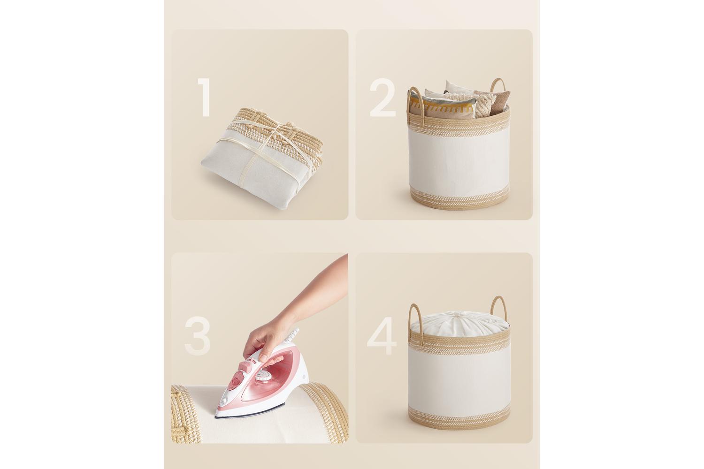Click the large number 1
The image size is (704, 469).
click(205, 98)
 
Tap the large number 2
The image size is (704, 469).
click(383, 98)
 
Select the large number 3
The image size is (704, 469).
click(198, 336)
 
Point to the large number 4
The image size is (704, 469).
click(382, 336)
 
